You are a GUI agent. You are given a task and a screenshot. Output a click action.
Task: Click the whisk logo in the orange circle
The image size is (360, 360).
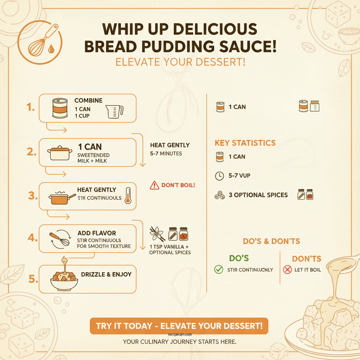(x=39, y=41)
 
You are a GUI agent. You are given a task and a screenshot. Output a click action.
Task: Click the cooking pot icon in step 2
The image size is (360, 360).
(x=60, y=153)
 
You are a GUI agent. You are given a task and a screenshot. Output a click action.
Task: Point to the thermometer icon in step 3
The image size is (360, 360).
(x=127, y=195)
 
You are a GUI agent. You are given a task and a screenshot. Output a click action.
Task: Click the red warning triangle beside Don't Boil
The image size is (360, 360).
(x=154, y=185)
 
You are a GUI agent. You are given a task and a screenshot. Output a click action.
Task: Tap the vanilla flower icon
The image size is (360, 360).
(x=157, y=233)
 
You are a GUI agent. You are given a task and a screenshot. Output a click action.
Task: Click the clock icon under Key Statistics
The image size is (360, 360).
(x=219, y=176)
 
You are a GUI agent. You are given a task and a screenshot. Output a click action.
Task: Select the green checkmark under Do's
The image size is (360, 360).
(x=219, y=270)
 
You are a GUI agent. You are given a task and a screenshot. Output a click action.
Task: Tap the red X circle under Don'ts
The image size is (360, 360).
(x=287, y=270)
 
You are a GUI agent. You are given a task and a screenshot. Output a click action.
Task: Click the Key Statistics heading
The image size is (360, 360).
(x=245, y=143)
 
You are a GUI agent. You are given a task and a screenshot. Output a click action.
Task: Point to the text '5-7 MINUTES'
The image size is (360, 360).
(x=166, y=154)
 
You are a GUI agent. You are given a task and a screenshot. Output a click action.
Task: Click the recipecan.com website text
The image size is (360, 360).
(x=180, y=335)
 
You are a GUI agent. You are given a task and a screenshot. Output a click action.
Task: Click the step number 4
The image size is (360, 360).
(x=32, y=238)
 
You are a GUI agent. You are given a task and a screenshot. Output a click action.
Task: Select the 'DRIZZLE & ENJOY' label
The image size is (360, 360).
(x=106, y=274)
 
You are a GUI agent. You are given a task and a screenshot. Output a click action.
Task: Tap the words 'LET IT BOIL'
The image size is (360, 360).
(x=308, y=270)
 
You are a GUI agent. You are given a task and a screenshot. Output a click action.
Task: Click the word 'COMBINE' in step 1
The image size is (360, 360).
(x=88, y=101)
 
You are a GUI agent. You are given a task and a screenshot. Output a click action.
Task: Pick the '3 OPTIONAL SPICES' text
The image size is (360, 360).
(x=258, y=195)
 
